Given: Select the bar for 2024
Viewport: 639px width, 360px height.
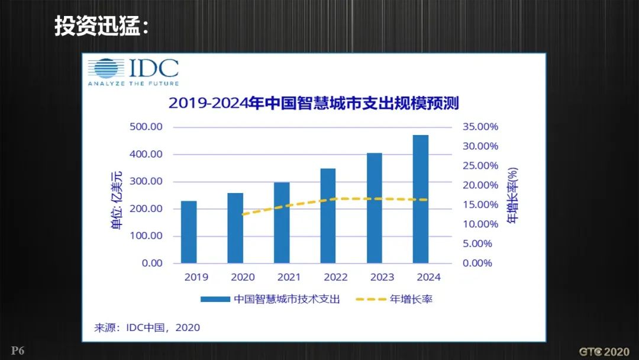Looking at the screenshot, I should tap(421, 199).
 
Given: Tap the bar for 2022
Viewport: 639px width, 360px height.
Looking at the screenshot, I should tap(328, 216).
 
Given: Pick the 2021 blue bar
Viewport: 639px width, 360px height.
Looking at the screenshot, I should tap(282, 223).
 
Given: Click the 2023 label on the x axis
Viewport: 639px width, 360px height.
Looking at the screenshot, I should tap(382, 277).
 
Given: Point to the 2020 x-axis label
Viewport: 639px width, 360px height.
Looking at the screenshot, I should tap(243, 277).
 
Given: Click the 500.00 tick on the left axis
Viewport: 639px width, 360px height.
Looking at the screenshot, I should tap(146, 127).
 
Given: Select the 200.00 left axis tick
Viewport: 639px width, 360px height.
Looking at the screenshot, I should tap(146, 208).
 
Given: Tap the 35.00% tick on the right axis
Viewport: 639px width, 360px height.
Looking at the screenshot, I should tap(480, 127).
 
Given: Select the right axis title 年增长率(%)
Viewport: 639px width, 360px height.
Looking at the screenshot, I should tap(512, 195).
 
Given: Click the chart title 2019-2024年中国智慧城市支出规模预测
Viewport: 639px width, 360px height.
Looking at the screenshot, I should tap(314, 102).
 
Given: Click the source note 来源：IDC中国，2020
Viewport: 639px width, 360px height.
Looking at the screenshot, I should tap(147, 327).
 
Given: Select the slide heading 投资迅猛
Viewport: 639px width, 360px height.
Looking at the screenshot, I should tap(101, 25).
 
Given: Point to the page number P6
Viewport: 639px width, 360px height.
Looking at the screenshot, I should tap(17, 351).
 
